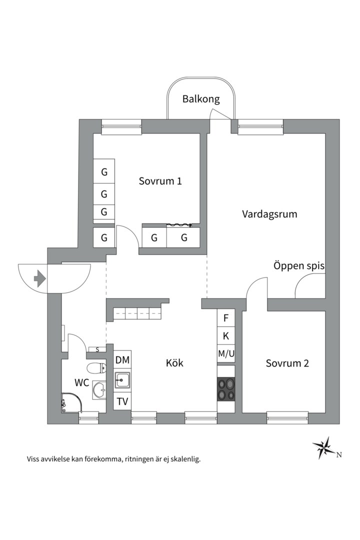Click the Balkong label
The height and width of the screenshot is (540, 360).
coord(200,99)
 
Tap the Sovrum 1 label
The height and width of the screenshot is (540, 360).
coord(160,181)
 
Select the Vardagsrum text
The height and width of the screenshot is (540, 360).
coord(269,214)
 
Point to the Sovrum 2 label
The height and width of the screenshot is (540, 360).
coord(287,363)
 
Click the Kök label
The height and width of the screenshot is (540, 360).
coord(174,363)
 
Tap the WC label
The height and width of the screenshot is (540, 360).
coord(82,383)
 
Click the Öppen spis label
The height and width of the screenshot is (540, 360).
coord(298,266)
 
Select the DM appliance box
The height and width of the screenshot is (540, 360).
coord(122,360)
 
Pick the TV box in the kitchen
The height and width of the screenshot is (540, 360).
coord(122,401)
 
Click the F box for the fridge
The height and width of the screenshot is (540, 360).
coord(226,318)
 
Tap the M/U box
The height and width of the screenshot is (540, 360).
coord(226,353)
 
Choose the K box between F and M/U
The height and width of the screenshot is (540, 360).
coord(226,335)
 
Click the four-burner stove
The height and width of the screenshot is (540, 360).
coord(226,389)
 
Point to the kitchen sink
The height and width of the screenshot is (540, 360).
coord(122,381)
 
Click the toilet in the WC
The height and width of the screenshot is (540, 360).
coord(95,368)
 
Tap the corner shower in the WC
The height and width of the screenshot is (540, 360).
coord(70,402)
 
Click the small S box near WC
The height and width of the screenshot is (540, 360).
coord(97,349)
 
